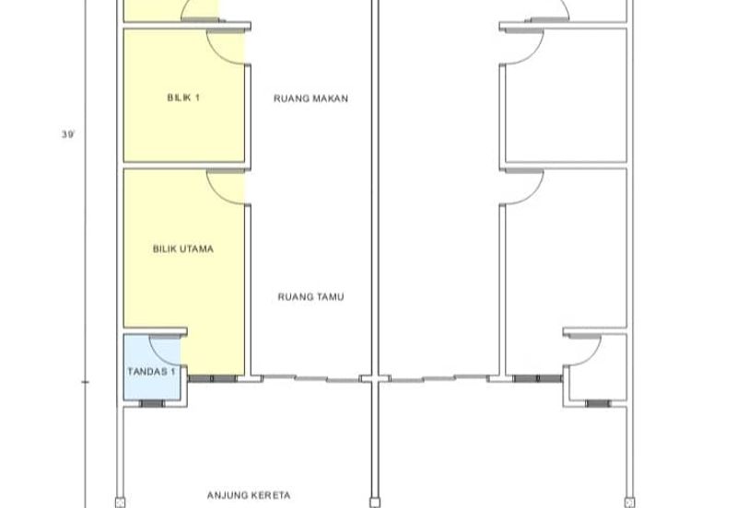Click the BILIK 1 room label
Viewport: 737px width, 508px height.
tap(183, 98)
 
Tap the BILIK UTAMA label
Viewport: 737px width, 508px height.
tap(183, 248)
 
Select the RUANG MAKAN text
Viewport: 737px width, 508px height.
tap(310, 98)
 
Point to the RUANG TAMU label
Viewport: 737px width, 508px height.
tap(310, 296)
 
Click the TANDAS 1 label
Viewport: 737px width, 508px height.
tap(151, 372)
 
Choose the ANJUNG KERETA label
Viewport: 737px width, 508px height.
tap(249, 495)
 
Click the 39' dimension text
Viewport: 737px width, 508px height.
tap(68, 134)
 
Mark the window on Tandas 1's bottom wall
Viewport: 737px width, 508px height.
tap(152, 404)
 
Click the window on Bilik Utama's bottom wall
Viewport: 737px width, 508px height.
tap(213, 378)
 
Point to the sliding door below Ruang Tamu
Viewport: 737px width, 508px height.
tap(310, 378)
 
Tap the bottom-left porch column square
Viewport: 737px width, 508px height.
tap(120, 502)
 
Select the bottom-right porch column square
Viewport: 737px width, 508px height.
tap(630, 502)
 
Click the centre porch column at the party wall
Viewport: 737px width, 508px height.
tap(375, 502)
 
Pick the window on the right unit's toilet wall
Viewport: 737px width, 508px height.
tap(598, 404)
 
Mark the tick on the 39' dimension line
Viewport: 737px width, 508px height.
tap(85, 382)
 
